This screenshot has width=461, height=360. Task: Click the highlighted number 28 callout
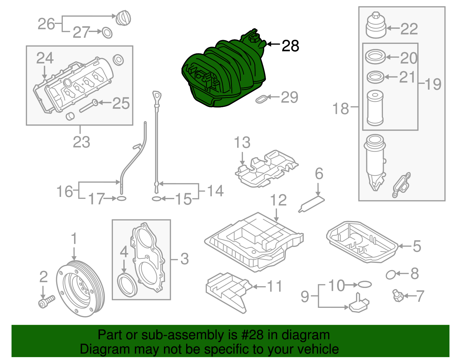click(290, 46)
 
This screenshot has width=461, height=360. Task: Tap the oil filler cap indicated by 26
click(123, 18)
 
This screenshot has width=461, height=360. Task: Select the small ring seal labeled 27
click(107, 33)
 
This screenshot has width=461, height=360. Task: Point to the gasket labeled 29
click(261, 99)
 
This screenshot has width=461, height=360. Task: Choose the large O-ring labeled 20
click(375, 57)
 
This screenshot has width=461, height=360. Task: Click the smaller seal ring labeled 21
click(375, 77)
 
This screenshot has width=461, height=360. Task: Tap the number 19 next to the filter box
click(433, 84)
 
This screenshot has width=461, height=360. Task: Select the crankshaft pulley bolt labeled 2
click(46, 301)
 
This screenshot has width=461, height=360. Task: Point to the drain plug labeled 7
click(397, 296)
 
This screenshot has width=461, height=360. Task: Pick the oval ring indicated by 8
click(390, 275)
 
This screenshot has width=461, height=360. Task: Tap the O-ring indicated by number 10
click(365, 285)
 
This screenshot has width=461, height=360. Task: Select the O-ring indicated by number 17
click(121, 198)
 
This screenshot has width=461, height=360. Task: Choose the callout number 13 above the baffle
click(242, 143)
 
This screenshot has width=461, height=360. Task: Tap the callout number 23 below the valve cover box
click(81, 142)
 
